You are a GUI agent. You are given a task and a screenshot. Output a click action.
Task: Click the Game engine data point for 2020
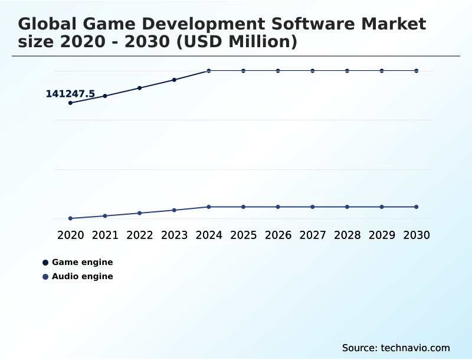71,103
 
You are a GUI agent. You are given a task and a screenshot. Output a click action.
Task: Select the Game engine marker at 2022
140,88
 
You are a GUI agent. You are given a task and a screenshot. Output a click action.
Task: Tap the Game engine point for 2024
209,71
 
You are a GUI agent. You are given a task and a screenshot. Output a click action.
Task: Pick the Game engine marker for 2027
313,71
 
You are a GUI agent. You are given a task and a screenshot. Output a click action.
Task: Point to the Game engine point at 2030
417,71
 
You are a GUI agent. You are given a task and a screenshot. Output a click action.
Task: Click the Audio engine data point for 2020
71,218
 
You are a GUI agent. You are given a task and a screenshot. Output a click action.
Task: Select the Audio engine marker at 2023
174,210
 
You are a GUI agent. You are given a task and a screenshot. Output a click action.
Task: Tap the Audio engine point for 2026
278,207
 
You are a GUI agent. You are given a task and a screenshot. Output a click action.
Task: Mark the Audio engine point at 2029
382,207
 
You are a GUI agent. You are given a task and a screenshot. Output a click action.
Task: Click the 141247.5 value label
70,94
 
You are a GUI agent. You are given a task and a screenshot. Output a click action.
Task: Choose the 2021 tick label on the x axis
105,235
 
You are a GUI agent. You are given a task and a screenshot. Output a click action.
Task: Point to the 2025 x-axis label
244,235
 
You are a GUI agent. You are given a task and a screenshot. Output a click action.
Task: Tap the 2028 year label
347,235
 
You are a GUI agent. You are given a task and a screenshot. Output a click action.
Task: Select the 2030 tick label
417,235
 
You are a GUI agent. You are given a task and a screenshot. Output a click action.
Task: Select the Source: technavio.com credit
396,348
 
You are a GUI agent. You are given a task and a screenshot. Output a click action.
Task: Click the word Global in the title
48,24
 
